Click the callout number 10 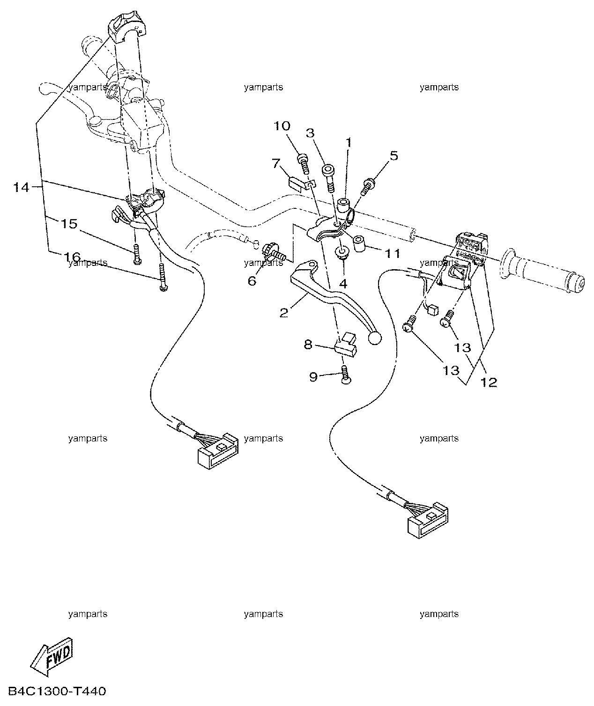[x=282, y=126]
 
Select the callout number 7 [x=276, y=163]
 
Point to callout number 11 [x=393, y=253]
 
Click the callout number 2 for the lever [x=284, y=313]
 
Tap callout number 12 [x=489, y=382]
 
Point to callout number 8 [x=308, y=345]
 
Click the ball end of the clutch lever [x=374, y=338]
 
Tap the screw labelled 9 [x=345, y=375]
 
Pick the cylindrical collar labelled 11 [x=360, y=244]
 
